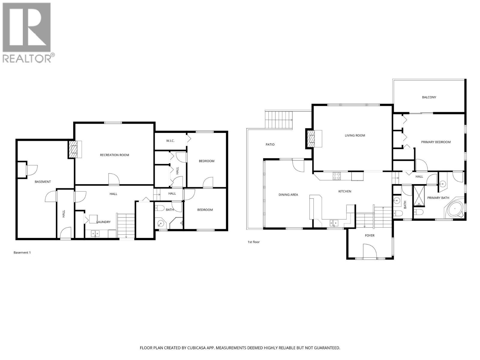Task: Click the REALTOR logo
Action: tap(27, 32)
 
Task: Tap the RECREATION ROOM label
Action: tap(114, 155)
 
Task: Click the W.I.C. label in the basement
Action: tap(170, 141)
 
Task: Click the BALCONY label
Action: tap(429, 97)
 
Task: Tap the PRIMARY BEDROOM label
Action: tap(436, 142)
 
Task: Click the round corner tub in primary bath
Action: tap(455, 208)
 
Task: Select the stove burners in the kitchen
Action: tap(337, 176)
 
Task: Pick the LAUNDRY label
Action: tap(103, 222)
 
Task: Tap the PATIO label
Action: tap(270, 144)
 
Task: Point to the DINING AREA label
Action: tap(288, 195)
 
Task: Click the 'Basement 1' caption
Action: tap(22, 253)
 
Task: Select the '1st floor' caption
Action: tap(253, 242)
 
